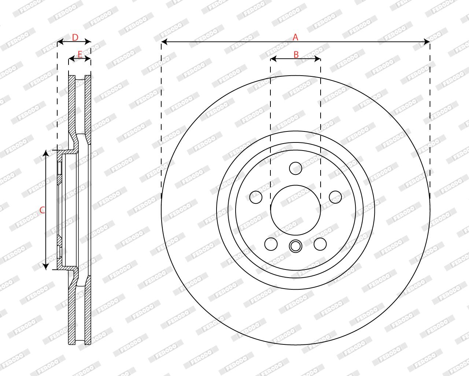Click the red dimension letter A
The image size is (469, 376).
295,37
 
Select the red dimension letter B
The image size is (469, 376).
296,55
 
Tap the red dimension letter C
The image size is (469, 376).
42,210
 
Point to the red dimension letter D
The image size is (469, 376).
75,37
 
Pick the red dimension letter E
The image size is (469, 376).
80,54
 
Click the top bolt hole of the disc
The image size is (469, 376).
296,169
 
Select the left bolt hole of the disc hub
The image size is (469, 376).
256,197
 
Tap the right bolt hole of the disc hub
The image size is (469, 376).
335,197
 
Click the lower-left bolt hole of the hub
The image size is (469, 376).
271,244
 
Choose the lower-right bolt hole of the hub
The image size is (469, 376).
320,244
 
